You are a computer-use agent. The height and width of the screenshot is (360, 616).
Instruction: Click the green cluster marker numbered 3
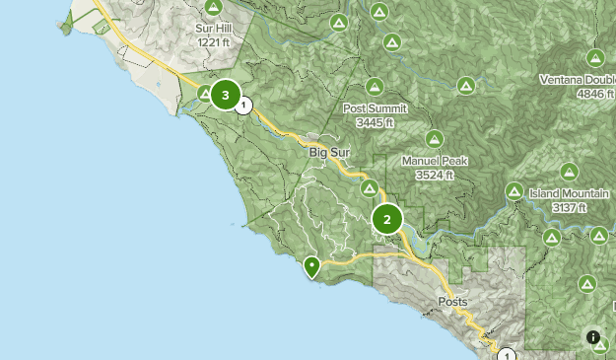pyautogui.click(x=227, y=96)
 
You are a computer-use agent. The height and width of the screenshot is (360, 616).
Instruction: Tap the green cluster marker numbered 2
pyautogui.click(x=387, y=220)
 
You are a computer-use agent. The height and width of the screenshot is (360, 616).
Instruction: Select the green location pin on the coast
pyautogui.click(x=312, y=266)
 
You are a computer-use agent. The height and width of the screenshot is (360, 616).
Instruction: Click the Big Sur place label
pyautogui.click(x=330, y=152)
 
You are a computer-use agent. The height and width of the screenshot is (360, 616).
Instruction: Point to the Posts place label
pyautogui.click(x=453, y=302)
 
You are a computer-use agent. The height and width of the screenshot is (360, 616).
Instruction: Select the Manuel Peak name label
pyautogui.click(x=434, y=161)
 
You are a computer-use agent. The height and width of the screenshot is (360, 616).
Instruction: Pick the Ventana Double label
pyautogui.click(x=578, y=80)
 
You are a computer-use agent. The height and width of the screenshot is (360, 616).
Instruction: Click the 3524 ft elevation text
pyautogui.click(x=435, y=175)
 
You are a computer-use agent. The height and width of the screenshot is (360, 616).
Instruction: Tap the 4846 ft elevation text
pyautogui.click(x=595, y=94)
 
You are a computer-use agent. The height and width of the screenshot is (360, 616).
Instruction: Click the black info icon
pyautogui.click(x=593, y=337)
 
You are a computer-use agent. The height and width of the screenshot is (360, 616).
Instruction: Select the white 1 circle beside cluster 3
pyautogui.click(x=244, y=105)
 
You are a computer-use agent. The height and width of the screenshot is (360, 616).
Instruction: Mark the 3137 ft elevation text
pyautogui.click(x=569, y=207)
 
